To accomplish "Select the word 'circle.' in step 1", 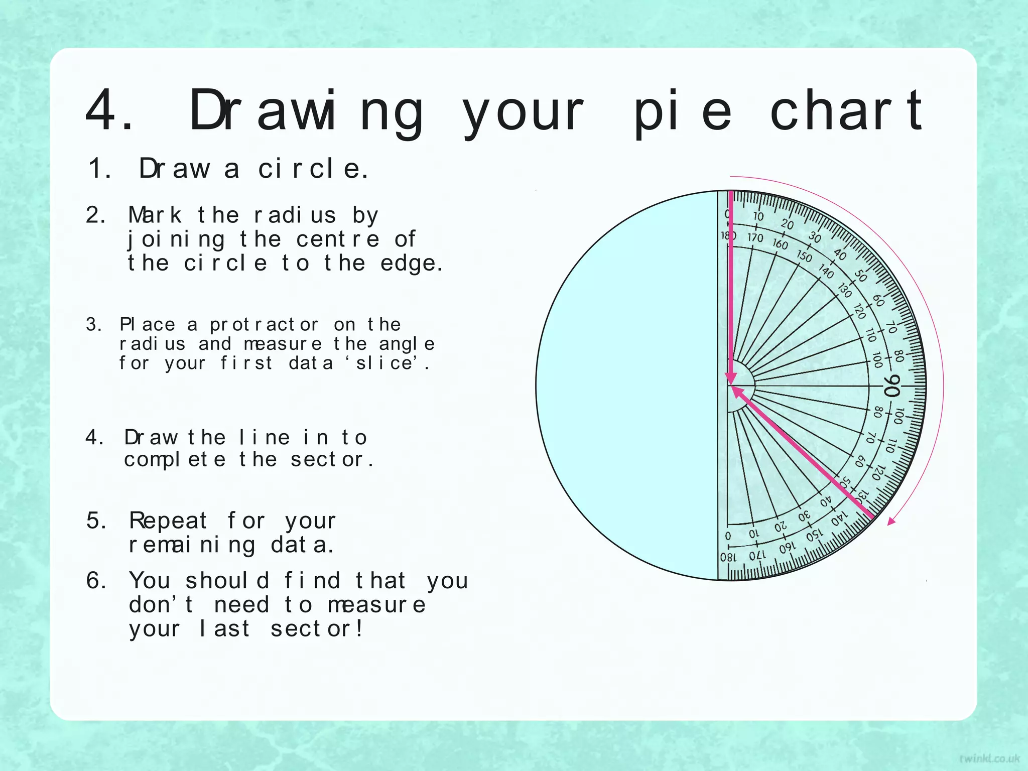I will click(314, 169).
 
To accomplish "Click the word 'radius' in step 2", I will click(295, 215).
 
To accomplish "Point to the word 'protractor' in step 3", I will click(264, 325).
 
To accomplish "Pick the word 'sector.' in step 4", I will click(332, 459).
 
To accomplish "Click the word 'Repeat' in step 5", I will click(168, 521).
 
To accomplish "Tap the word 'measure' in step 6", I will click(376, 605).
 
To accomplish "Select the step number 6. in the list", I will click(96, 581).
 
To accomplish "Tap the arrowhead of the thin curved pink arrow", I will click(891, 521).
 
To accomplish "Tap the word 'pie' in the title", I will click(682, 111).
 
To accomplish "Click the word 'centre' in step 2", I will click(338, 239).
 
